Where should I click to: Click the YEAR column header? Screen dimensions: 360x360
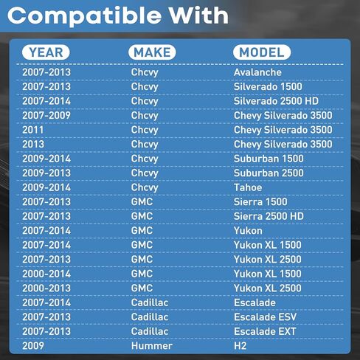coord(46,52)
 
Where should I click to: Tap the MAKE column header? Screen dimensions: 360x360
coord(152,52)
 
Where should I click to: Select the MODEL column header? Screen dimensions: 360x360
coord(262,52)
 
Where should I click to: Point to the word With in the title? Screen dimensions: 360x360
coord(198,15)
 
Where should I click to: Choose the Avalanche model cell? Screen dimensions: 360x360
coord(257,72)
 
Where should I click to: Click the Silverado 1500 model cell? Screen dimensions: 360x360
coord(268,86)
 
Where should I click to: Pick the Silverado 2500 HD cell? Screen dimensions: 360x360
coord(276,101)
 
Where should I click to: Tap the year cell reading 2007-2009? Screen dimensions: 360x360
coord(46,115)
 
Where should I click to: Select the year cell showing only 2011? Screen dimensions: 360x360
coord(32,130)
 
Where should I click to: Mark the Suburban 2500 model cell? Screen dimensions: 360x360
coord(269,173)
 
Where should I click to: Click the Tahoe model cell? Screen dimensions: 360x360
coord(248,187)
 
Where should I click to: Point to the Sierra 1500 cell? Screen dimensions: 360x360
coord(260,202)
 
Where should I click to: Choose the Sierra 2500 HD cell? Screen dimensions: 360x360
coord(269,216)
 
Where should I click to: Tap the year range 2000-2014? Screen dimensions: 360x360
coord(46,274)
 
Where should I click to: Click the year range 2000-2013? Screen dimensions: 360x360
coord(46,288)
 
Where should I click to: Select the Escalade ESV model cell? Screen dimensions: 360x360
coord(265,317)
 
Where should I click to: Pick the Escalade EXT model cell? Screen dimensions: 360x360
coord(265,331)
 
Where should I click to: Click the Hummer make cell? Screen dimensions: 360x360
coord(152,346)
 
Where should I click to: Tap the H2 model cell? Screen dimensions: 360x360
coord(240,346)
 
